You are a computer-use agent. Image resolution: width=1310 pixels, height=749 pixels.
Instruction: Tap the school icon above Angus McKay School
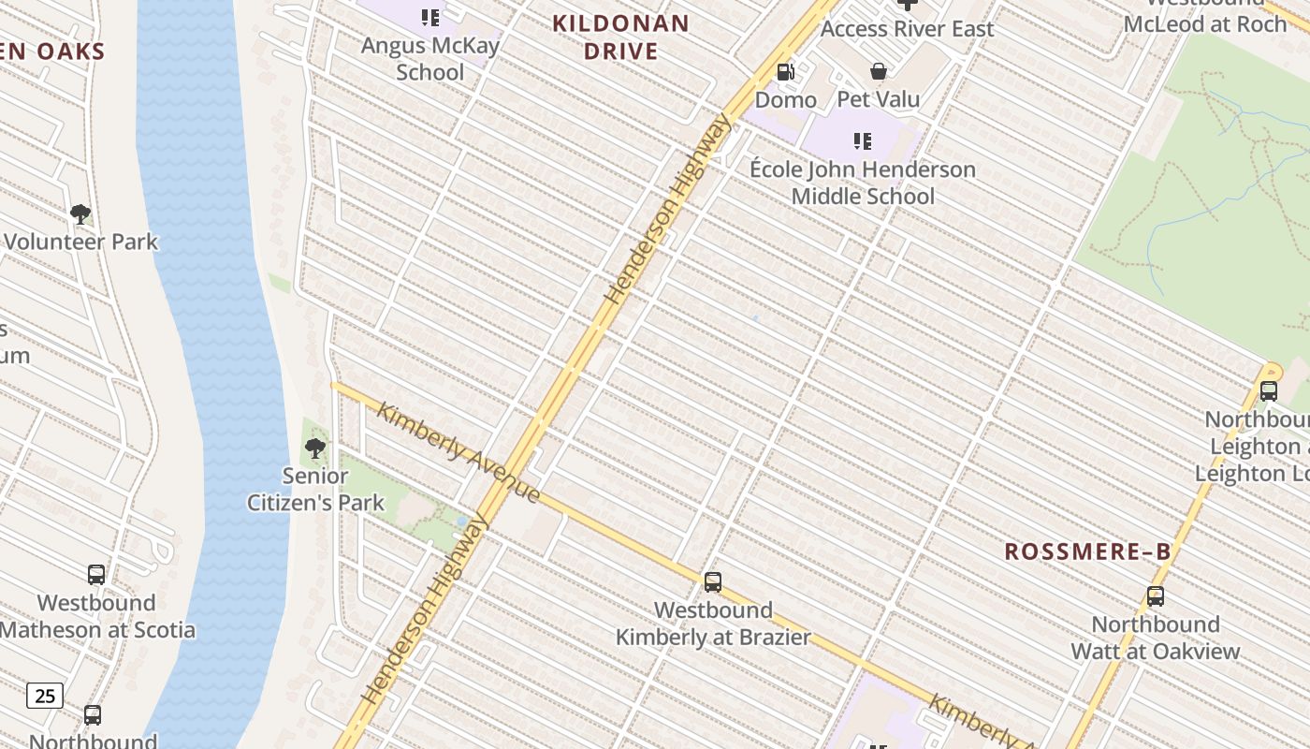click(430, 17)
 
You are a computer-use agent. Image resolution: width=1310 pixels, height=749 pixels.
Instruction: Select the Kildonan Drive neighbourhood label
click(621, 37)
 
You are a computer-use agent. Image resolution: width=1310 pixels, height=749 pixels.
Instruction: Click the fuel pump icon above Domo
click(786, 72)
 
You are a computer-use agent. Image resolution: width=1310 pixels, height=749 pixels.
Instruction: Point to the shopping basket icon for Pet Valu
click(879, 71)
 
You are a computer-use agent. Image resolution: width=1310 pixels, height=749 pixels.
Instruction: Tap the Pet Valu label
click(879, 99)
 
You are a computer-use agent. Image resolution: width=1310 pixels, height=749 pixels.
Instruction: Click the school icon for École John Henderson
click(863, 142)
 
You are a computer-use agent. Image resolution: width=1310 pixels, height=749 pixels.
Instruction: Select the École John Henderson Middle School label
click(863, 183)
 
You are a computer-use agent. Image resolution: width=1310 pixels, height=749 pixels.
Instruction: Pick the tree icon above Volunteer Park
click(80, 214)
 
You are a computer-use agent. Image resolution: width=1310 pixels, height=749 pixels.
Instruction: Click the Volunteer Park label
click(81, 242)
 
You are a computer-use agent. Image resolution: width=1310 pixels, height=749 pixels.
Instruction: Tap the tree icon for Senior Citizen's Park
click(315, 448)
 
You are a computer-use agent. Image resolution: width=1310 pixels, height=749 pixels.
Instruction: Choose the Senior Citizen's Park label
click(315, 489)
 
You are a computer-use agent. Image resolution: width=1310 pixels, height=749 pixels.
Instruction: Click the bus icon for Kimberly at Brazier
click(713, 582)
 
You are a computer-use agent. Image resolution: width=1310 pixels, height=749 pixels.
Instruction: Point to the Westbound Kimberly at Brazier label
click(713, 624)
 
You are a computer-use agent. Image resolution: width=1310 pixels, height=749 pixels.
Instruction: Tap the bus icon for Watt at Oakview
click(1156, 596)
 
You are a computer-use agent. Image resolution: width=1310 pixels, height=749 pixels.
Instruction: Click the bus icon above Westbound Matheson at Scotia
click(96, 575)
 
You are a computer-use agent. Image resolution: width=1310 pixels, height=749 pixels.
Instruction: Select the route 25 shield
click(45, 695)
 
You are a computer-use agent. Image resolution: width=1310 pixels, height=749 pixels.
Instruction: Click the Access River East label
click(907, 29)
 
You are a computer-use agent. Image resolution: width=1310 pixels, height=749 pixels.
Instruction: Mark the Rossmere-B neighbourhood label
click(1087, 551)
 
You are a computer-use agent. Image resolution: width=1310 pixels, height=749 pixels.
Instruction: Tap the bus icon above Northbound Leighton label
click(1269, 391)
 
